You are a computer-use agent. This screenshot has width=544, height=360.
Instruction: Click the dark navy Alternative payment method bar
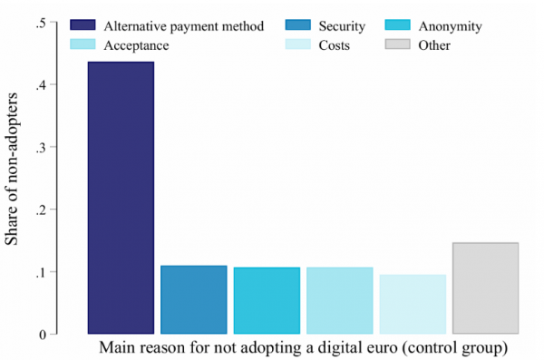point(121,198)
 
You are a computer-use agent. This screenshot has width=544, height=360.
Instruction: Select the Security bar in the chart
point(194,300)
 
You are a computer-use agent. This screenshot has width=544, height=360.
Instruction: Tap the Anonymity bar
point(267,301)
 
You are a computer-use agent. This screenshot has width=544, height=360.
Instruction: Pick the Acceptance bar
point(340,301)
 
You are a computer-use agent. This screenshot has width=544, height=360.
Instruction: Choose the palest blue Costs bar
point(413,305)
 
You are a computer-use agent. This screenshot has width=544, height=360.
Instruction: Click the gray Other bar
point(486,288)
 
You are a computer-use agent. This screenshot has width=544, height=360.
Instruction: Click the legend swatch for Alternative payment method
point(83,25)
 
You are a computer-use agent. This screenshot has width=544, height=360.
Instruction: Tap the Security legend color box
point(297,25)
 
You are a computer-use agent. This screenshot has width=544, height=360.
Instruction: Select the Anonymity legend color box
point(398,25)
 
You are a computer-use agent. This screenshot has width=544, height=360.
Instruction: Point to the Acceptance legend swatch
point(83,44)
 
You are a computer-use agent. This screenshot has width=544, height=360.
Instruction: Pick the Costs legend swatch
point(297,44)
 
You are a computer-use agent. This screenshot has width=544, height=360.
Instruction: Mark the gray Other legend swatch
point(398,44)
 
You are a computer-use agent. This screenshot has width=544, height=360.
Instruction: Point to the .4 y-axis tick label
point(41,85)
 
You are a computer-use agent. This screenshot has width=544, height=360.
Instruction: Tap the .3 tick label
point(41,148)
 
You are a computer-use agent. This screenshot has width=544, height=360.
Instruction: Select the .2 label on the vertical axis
point(41,210)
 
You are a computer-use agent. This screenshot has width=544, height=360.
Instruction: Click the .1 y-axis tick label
point(41,273)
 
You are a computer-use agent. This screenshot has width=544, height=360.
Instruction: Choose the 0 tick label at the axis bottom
point(43,335)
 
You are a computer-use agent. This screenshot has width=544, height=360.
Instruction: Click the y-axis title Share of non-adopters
point(11,169)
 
